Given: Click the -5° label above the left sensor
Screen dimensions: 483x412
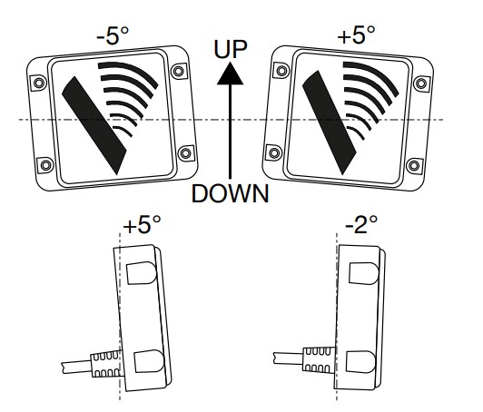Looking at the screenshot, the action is pos(113,36).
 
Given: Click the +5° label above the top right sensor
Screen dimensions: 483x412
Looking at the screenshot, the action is pos(357,34).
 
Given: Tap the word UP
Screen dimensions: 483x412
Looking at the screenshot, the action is pos(231,49).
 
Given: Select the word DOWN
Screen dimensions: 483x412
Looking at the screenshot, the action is pos(230,193).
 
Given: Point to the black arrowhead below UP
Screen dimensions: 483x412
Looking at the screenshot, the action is pos(230,73).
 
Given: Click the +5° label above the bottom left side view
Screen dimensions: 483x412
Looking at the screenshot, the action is pos(142,224).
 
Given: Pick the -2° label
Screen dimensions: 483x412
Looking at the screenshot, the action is pos(361,224).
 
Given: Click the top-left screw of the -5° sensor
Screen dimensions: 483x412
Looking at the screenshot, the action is pos(39,83).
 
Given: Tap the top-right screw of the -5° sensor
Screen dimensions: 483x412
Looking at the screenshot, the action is pos(179,71).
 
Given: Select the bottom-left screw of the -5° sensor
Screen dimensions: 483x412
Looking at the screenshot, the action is pos(45,165).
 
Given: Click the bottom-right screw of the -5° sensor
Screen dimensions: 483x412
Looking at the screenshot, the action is pos(185,152).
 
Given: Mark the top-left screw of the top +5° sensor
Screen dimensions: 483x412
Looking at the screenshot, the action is pos(281,71).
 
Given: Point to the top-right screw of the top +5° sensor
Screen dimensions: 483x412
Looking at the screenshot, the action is pos(421,83).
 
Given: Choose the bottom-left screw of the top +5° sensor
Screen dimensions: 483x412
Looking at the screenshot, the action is pos(274,152).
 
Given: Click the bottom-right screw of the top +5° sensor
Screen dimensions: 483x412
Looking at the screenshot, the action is pos(414,166).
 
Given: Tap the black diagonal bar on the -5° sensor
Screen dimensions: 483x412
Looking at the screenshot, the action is pos(94,125).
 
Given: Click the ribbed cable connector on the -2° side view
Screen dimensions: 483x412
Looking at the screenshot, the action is pos(319,359).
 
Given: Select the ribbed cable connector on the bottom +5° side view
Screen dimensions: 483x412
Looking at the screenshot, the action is pos(106,364).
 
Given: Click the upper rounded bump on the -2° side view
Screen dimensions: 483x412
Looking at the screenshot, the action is pos(364,273).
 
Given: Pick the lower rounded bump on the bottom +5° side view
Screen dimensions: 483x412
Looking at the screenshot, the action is pos(149,361).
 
